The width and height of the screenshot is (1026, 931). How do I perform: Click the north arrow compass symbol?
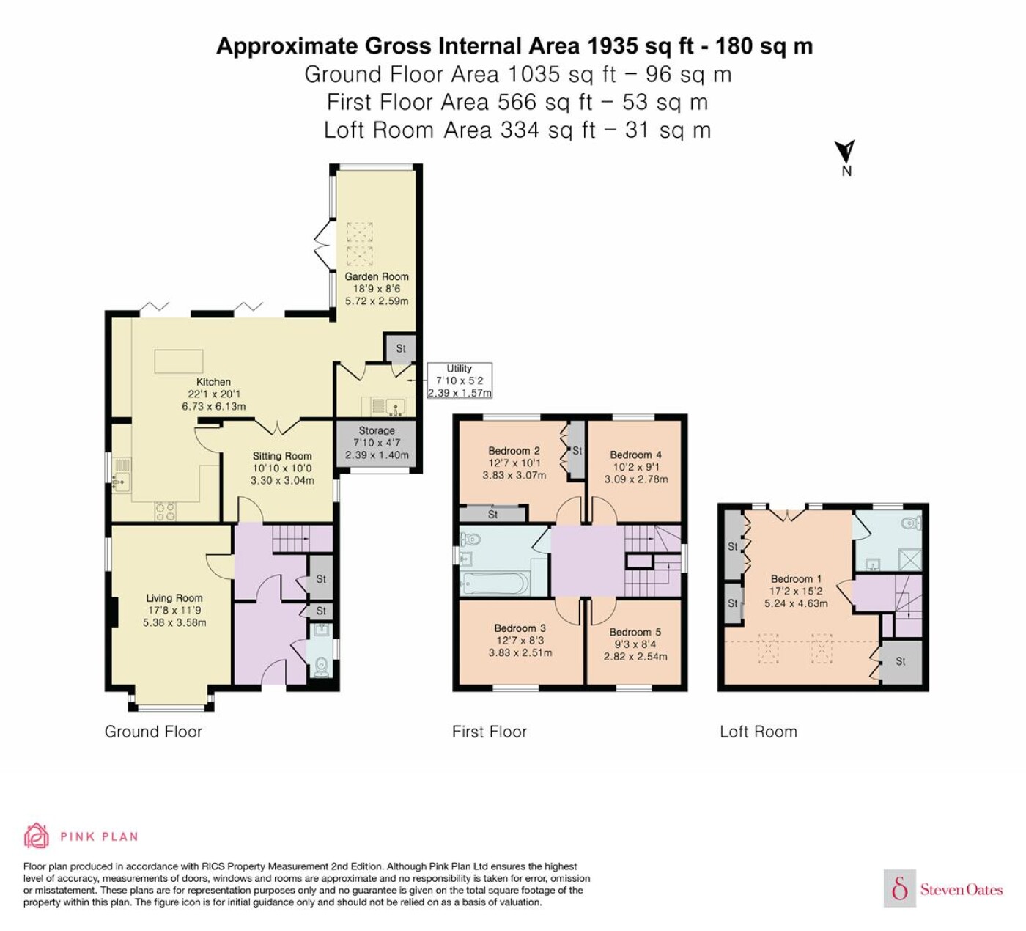(x=846, y=152)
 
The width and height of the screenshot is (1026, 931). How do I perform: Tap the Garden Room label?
(x=377, y=276)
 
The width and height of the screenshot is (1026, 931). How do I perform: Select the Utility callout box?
(x=460, y=380)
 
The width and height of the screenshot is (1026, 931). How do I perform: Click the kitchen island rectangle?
(x=179, y=361)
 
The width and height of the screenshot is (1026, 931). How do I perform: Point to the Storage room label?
(x=377, y=430)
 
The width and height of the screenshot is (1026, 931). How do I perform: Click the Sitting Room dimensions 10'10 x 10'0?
(x=282, y=468)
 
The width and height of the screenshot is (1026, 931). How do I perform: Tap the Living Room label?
(x=174, y=597)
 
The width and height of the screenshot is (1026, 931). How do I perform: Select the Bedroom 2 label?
(x=514, y=450)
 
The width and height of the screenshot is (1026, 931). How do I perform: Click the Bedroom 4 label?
(x=635, y=455)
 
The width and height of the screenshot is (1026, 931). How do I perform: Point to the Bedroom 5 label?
(x=635, y=632)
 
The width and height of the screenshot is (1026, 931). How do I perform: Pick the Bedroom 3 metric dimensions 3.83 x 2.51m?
(x=520, y=652)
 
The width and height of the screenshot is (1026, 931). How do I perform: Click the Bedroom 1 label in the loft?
(x=796, y=579)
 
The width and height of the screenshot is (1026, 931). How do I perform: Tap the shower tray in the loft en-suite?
(x=909, y=559)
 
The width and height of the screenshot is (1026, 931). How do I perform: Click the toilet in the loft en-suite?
(x=912, y=523)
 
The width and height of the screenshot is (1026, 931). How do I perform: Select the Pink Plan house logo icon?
(x=37, y=836)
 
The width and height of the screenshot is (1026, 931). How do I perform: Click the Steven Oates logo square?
(x=900, y=889)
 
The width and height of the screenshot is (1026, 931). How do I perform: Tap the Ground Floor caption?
(x=153, y=732)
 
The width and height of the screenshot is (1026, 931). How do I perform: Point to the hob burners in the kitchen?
(x=166, y=511)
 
